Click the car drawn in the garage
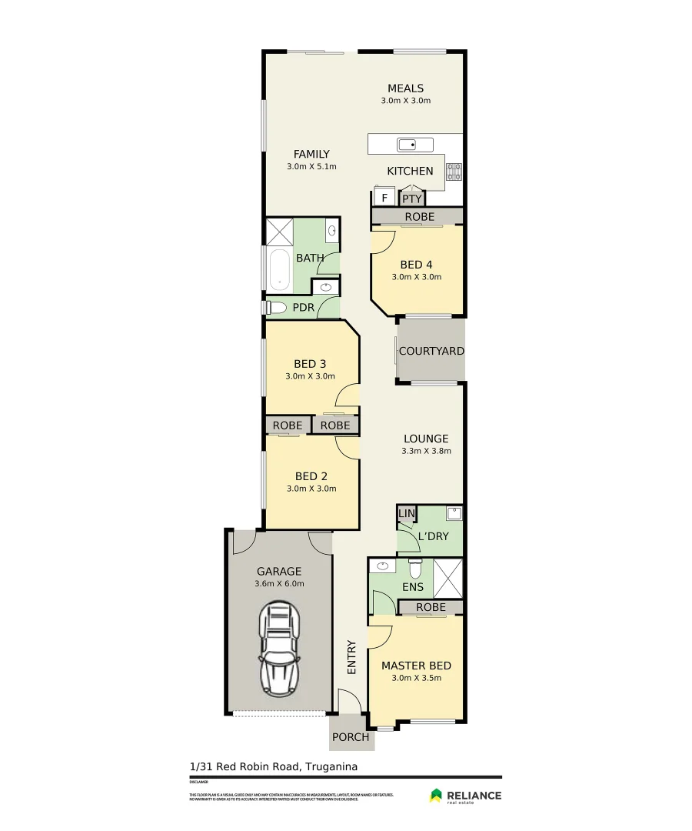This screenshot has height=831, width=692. click(x=278, y=648)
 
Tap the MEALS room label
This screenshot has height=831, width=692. click(x=405, y=88)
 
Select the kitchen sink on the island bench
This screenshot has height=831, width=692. click(x=415, y=144)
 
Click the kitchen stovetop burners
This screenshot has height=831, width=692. click(x=454, y=171)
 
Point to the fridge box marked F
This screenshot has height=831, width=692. click(x=384, y=199)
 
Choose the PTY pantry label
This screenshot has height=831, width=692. click(x=412, y=199)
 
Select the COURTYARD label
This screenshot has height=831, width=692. click(x=431, y=351)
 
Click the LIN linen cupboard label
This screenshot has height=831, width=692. click(x=406, y=513)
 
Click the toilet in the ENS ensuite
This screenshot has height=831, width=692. click(x=415, y=569)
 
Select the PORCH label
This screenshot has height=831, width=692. click(x=351, y=737)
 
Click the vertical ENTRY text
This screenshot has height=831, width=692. click(x=351, y=657)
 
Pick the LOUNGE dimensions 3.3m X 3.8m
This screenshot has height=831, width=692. click(x=426, y=451)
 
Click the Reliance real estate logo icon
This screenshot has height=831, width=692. click(x=436, y=796)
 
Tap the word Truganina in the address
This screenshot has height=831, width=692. click(x=332, y=766)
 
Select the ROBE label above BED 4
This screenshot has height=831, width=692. click(x=418, y=217)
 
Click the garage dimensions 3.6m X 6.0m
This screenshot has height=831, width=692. click(x=279, y=583)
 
